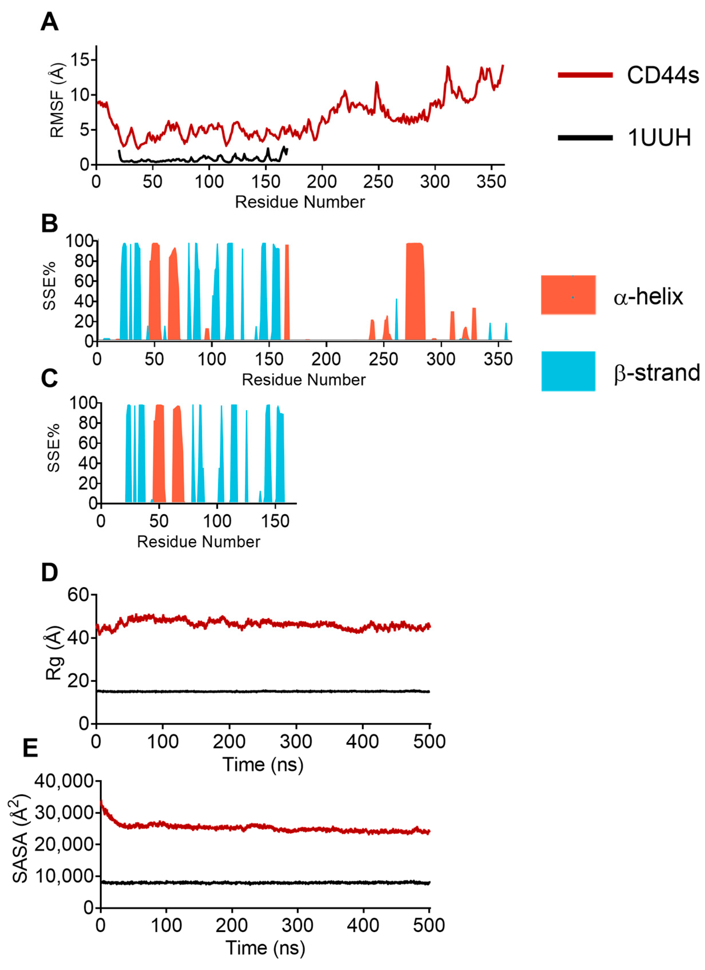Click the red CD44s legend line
point(585,75)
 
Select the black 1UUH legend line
point(585,138)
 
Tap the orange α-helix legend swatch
point(568,295)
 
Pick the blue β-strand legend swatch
point(568,371)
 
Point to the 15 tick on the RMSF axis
point(80,60)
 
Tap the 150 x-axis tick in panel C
point(275,521)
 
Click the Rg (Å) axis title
point(54,653)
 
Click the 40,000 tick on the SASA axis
point(64,781)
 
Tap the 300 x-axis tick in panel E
point(297,925)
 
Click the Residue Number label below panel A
point(300,202)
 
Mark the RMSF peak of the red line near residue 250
point(377,82)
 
